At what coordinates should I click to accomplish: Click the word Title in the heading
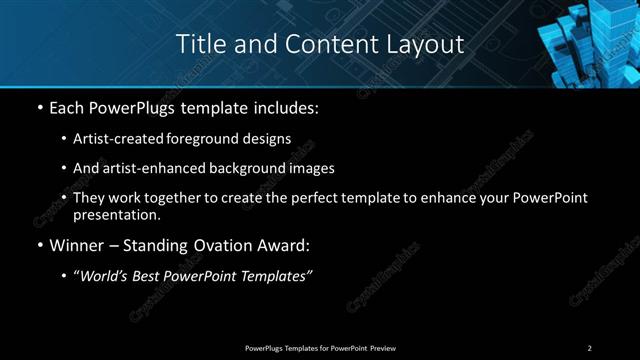199,44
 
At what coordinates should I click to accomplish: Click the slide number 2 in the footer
589,347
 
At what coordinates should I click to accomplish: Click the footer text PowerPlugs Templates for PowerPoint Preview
319,347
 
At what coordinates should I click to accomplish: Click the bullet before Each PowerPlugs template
39,106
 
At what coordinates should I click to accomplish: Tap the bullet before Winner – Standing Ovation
39,244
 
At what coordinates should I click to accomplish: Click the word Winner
76,244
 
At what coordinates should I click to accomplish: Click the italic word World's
104,275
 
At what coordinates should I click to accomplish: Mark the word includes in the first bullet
291,106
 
